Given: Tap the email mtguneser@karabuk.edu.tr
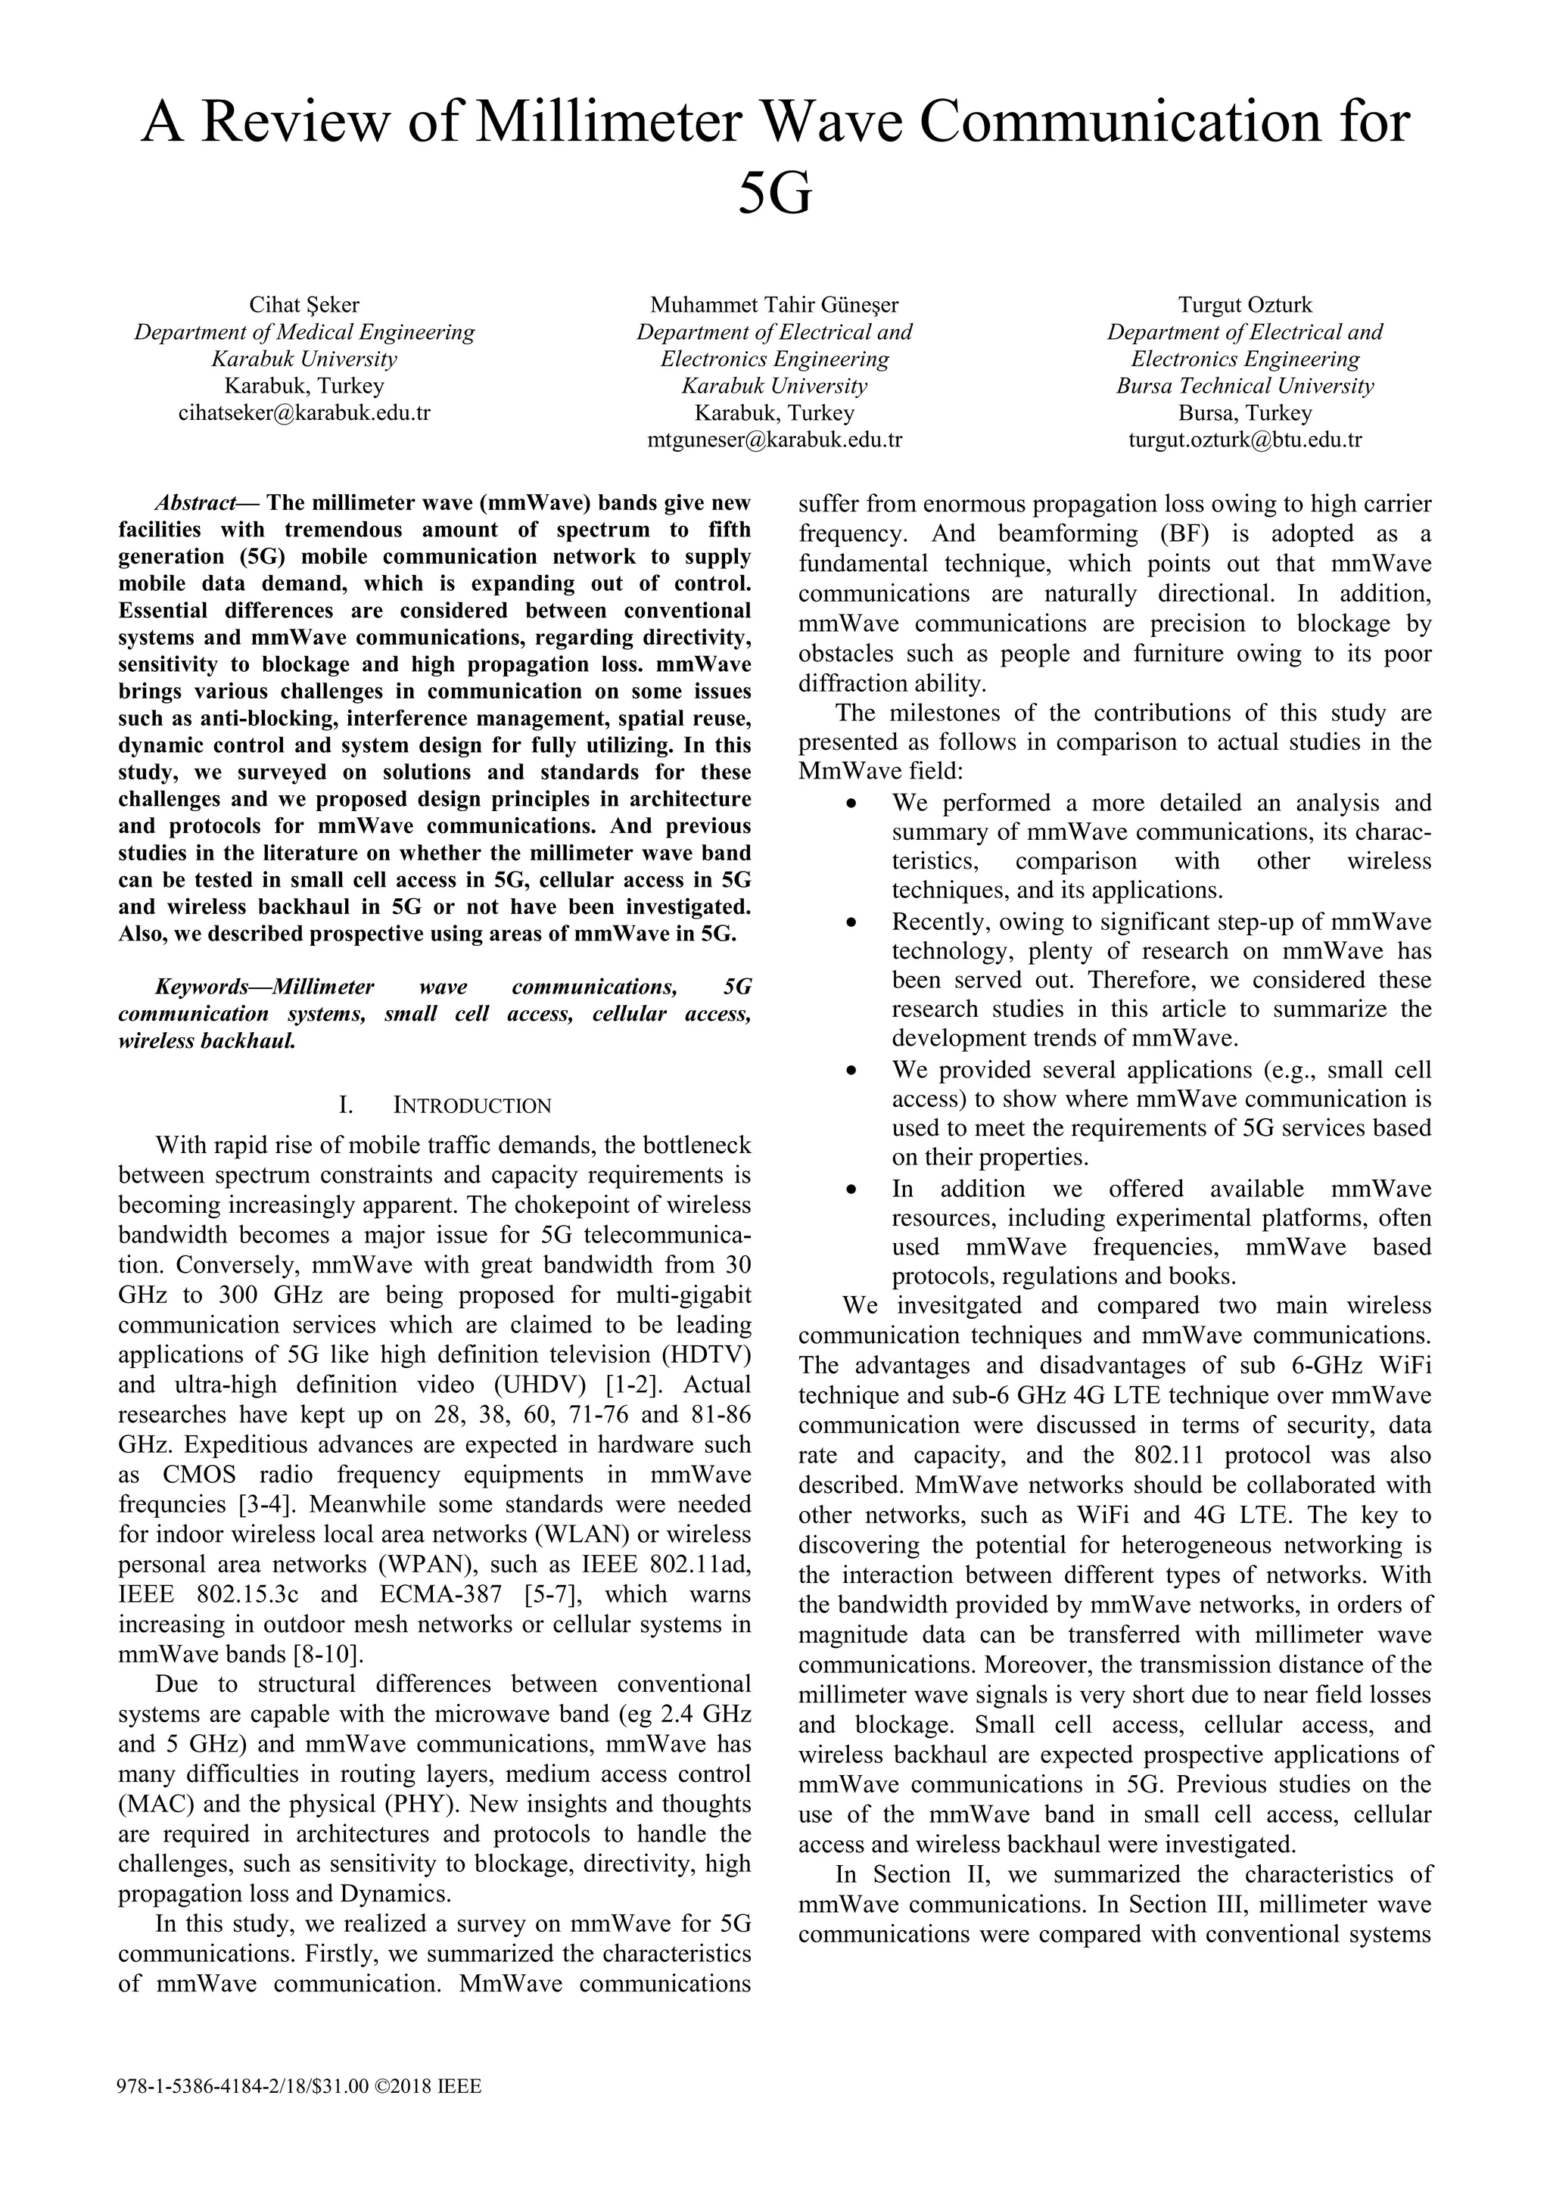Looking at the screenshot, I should point(773,440).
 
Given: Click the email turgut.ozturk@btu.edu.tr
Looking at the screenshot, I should point(1244,440).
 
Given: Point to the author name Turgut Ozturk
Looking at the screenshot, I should point(1244,306).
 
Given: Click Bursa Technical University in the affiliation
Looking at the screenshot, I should point(1244,387).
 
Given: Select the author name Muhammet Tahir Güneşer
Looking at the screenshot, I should point(773,306).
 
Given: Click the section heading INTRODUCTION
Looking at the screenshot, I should point(472,1106).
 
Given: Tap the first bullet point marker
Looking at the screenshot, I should point(851,804).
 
